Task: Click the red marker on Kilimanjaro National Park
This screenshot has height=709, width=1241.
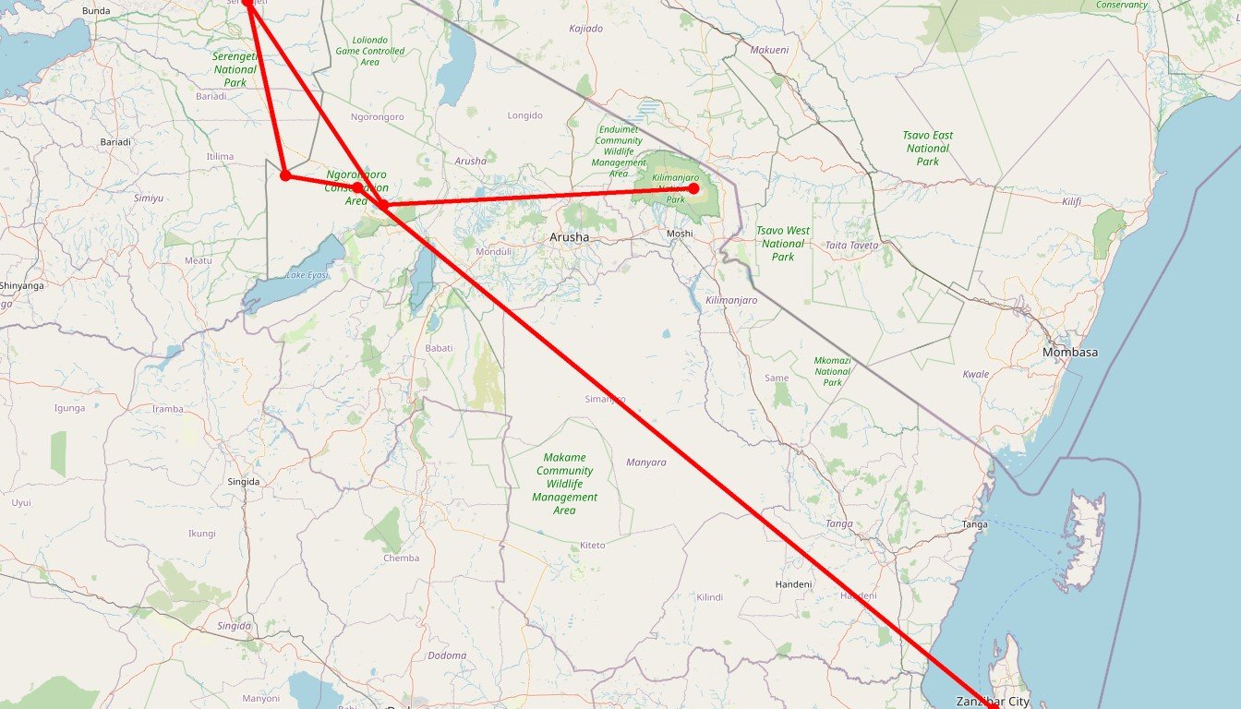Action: coord(693,188)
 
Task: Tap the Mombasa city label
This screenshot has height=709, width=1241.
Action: coord(1069,353)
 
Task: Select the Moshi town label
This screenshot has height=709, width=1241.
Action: coord(680,234)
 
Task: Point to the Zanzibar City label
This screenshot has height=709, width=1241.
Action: coord(992,702)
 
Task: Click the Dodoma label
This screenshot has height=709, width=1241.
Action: coord(447,655)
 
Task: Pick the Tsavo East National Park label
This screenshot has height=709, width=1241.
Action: coord(928,149)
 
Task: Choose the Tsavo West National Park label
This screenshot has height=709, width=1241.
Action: coord(783,244)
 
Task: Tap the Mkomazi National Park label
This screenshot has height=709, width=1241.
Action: coord(833,371)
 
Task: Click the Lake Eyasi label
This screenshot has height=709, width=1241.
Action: coord(307,275)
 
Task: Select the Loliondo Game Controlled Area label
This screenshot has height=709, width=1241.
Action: coord(369,51)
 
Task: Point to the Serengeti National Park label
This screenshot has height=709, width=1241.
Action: coord(235,69)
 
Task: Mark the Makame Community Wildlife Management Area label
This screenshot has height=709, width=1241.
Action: coord(564,484)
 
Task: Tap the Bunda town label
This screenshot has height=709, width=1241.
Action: coord(96,11)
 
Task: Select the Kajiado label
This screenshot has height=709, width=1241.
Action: coord(585,29)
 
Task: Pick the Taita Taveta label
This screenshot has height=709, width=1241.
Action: coord(851,246)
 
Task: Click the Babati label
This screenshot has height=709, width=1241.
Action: coord(439,348)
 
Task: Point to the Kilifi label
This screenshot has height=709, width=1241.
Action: coord(1071,201)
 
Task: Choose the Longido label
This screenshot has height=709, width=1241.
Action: coord(525,115)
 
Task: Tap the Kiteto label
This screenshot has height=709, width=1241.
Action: coord(593,546)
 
